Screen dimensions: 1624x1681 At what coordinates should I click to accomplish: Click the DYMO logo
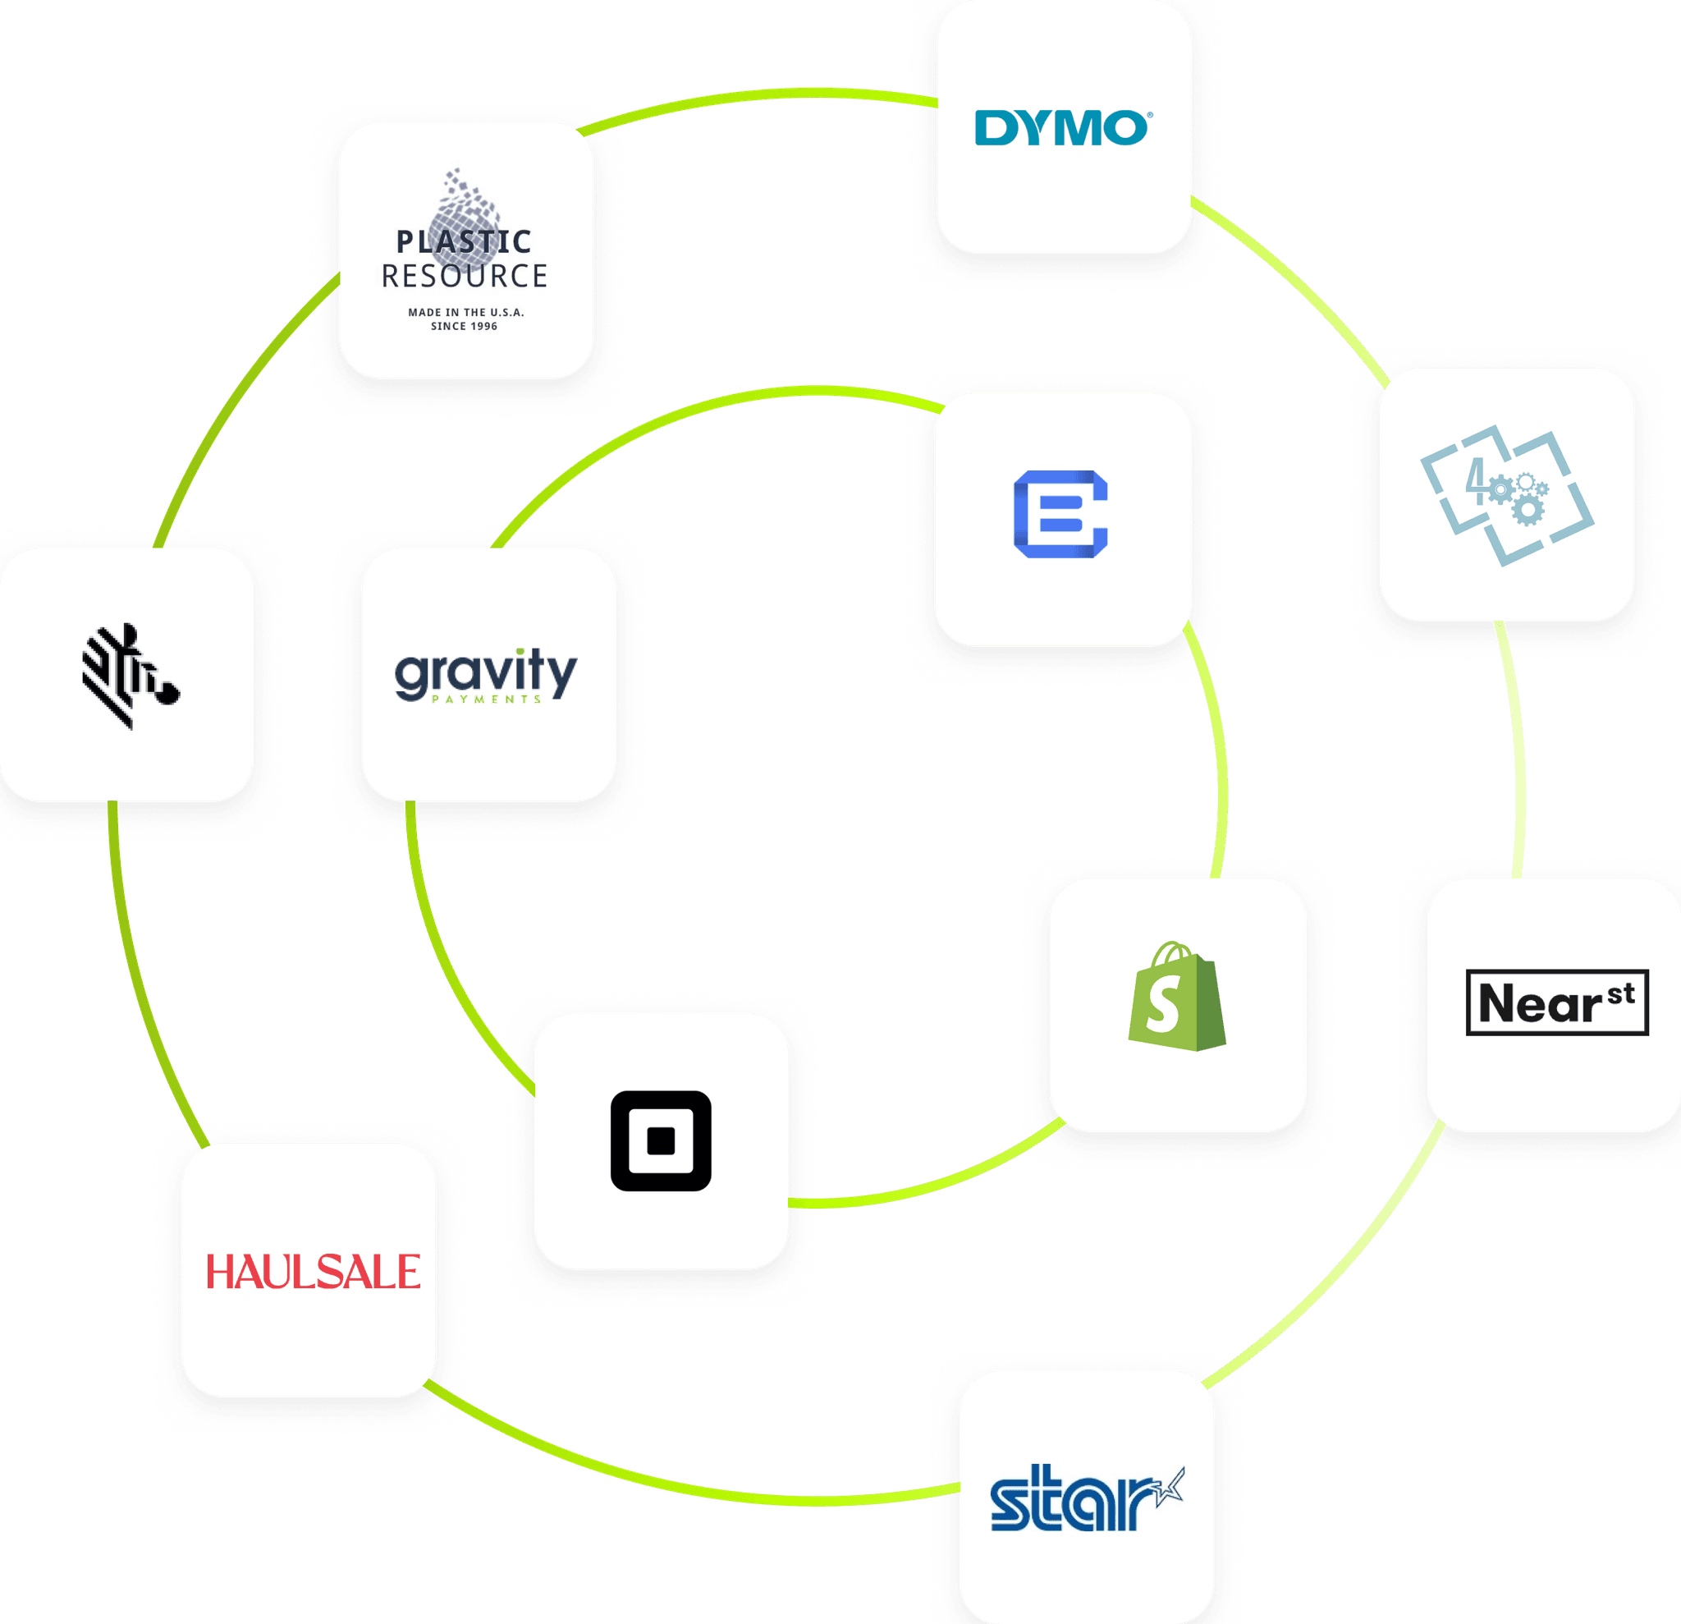click(x=1063, y=128)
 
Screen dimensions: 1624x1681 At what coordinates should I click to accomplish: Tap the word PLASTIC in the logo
click(x=464, y=242)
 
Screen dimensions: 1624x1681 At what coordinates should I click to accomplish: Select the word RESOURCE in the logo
click(x=464, y=276)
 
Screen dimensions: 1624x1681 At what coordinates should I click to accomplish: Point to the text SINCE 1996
click(x=464, y=326)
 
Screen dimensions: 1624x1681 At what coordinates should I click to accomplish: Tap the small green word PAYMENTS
click(x=485, y=700)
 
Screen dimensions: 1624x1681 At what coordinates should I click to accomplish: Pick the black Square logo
click(x=661, y=1140)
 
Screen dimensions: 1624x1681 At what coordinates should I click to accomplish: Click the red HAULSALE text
click(x=313, y=1272)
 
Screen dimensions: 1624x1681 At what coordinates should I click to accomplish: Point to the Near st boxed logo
click(x=1556, y=1002)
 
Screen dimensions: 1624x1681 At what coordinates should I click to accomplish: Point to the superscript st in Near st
click(x=1620, y=993)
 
